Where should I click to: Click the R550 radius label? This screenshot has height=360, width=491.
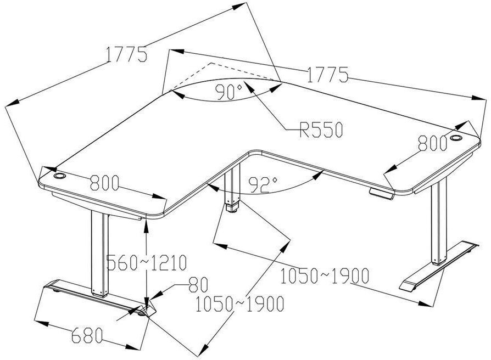click(321, 130)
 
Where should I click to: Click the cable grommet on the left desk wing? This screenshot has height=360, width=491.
click(59, 177)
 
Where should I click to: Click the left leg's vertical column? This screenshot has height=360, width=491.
click(97, 252)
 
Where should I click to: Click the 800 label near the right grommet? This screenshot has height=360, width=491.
click(432, 144)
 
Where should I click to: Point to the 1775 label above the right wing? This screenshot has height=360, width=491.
click(327, 74)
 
